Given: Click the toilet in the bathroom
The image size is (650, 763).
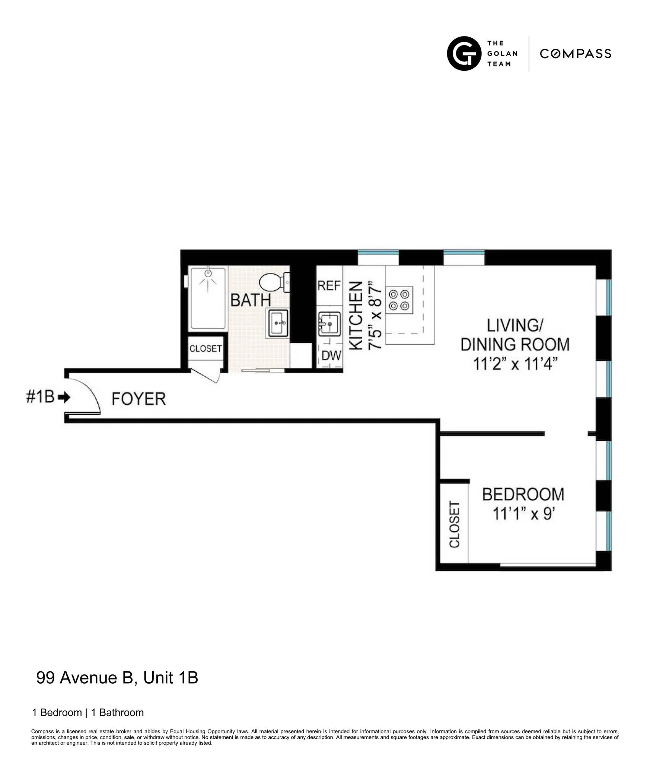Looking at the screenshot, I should pos(274,282).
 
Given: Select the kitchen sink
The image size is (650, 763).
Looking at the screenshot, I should pos(330,324).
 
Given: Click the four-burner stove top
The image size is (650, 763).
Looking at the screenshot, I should pos(399,300).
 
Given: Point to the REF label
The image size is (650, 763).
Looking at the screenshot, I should pos(329,286).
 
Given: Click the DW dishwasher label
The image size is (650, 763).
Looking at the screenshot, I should pos(331,356).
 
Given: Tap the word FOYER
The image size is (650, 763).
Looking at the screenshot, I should pos(138,399).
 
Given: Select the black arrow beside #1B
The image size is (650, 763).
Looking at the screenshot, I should pos(65,397).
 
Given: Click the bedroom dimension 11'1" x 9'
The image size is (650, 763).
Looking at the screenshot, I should pos(523,514).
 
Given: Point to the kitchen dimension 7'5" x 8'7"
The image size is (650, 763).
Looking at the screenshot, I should pos(375,316).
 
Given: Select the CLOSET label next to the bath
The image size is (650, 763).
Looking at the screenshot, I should pos(205,349).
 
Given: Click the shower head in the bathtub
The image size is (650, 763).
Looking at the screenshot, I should pos(208,274).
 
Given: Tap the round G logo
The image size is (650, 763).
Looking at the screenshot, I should pos(464,54).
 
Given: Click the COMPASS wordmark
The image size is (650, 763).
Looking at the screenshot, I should pos(575,54).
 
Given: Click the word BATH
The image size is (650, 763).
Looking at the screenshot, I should pos(250,300).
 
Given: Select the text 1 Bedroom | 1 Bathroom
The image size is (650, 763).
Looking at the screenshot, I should pos(88,712).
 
